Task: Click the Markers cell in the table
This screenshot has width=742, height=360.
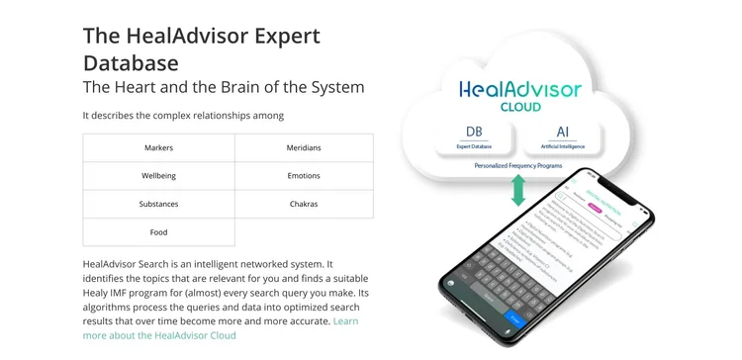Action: coord(158,148)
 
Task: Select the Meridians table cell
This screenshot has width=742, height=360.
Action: coord(304,148)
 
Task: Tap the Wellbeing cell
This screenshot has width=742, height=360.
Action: coord(158,176)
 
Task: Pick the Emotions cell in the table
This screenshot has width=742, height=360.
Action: coord(304,176)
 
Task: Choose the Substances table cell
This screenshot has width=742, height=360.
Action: coord(158,204)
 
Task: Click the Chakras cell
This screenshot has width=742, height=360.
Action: coord(304,204)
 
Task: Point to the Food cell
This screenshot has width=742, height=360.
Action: coord(158,232)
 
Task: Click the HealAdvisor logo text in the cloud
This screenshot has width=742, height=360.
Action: coord(520,90)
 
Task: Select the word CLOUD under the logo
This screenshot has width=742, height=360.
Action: coord(519,107)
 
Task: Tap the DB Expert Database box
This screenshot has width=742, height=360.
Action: coord(474,137)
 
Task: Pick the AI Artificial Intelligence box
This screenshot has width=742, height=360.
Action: coord(563,137)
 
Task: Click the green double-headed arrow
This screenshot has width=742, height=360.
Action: coord(517,188)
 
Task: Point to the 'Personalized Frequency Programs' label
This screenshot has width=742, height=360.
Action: coord(518,166)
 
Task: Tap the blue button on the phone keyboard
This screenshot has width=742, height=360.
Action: coord(513,318)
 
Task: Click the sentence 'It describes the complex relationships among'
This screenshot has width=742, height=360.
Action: coord(183,116)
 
